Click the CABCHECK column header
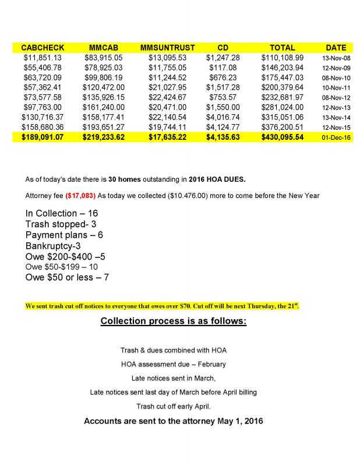43,47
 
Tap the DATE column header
336,47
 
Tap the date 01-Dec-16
336,137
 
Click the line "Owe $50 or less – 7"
67,277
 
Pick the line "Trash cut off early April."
173,406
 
